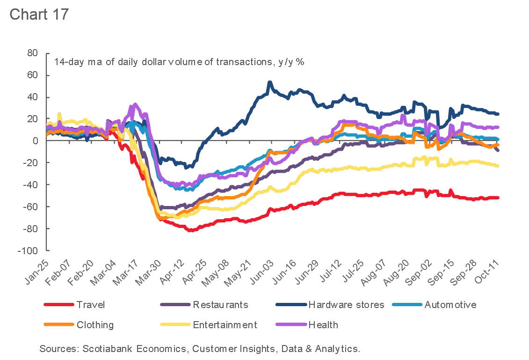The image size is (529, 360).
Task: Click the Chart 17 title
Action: click(39, 14)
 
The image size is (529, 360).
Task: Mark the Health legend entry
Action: click(323, 325)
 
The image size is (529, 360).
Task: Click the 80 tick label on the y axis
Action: click(32, 53)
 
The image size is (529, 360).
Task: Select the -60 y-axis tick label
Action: click(30, 207)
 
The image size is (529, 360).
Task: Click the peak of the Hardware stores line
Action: click(269, 82)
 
